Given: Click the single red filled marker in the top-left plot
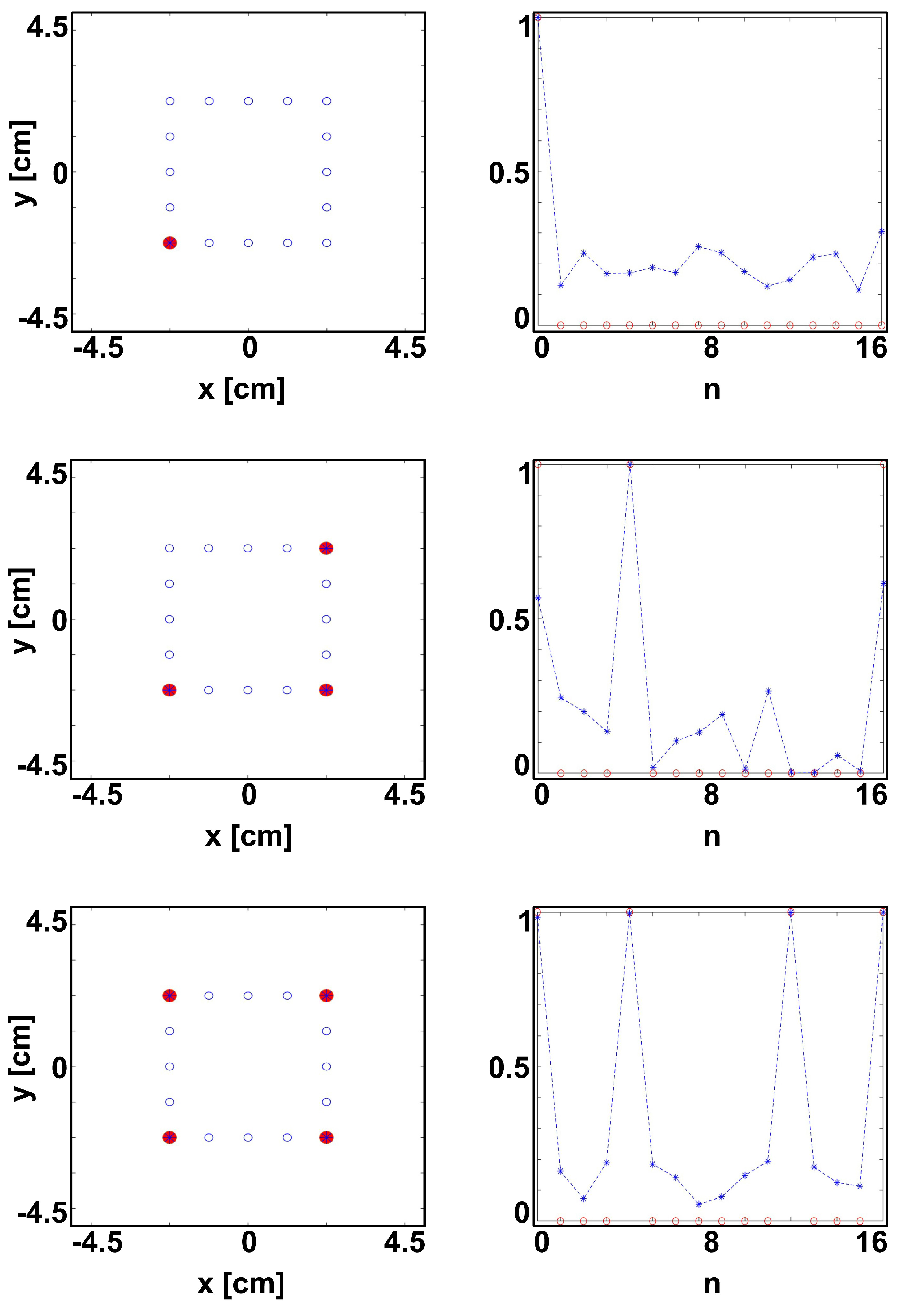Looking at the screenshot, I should (169, 243).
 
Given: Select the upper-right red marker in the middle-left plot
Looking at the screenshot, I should (326, 548).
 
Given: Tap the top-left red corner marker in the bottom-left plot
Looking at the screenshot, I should (169, 995).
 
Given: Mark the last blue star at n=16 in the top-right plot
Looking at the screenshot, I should (881, 232).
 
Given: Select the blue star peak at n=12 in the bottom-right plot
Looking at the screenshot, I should (790, 912).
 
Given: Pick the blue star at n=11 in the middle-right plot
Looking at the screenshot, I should (768, 691).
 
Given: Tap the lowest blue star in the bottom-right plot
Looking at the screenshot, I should (699, 1204).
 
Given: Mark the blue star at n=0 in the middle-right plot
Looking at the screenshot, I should (538, 597).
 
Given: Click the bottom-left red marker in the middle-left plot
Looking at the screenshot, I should (169, 690).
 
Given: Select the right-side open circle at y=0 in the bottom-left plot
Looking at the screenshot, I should (326, 1067).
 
